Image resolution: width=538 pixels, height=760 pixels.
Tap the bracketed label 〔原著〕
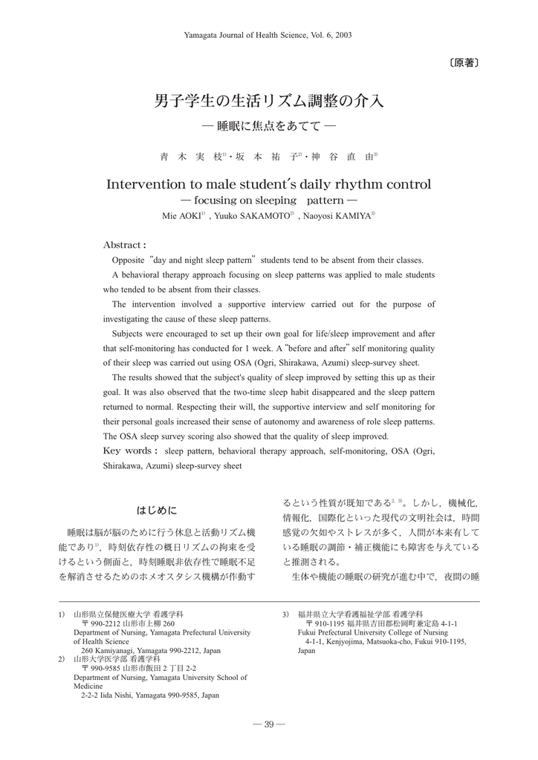pyautogui.click(x=462, y=63)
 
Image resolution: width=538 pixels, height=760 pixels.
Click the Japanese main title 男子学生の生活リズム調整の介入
pyautogui.click(x=268, y=100)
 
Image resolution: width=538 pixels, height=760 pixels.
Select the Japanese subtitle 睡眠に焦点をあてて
pyautogui.click(x=268, y=126)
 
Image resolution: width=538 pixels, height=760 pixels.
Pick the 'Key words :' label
pyautogui.click(x=130, y=451)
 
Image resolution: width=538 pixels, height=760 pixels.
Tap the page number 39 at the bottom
pyautogui.click(x=269, y=725)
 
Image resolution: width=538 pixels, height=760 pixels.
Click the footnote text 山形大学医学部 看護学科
pyautogui.click(x=117, y=659)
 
